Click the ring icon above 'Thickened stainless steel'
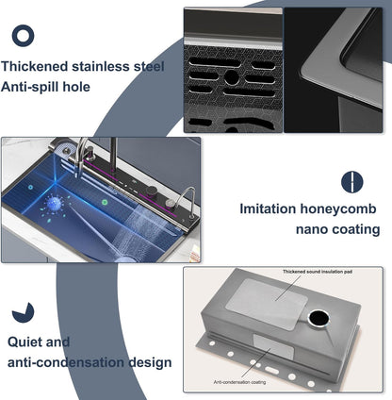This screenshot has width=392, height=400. (24, 36)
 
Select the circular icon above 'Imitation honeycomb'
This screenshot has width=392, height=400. (351, 181)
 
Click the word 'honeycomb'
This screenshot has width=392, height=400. (340, 208)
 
